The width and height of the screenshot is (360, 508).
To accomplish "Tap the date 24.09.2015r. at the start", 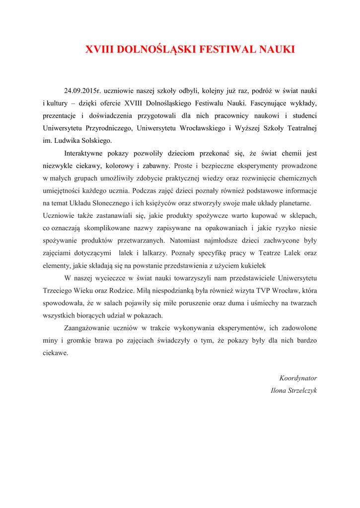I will pyautogui.click(x=83, y=91).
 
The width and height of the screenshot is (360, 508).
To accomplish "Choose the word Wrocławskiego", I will pyautogui.click(x=198, y=128).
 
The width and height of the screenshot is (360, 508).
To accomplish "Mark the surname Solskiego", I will pyautogui.click(x=95, y=140).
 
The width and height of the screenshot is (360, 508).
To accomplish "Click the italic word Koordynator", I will pyautogui.click(x=298, y=378).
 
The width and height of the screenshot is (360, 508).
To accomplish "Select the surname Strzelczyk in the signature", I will pyautogui.click(x=302, y=390).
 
